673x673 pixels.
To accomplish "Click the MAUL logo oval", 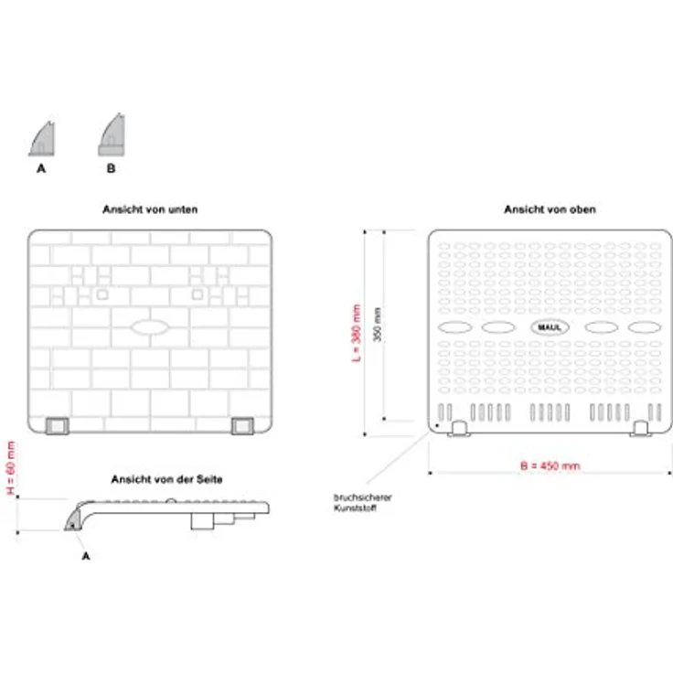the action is (x=550, y=327).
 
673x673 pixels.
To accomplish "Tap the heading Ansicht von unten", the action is (x=150, y=209).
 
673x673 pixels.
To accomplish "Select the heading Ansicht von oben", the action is (x=550, y=209).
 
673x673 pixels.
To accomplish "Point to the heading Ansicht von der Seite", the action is (x=166, y=479).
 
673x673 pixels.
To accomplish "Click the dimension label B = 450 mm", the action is (x=550, y=465).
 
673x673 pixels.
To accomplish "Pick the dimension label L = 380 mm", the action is (x=357, y=333).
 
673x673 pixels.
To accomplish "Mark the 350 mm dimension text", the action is (x=377, y=325).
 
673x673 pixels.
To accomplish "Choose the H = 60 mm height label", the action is (x=11, y=468).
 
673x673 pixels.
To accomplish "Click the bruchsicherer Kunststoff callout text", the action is (x=362, y=503).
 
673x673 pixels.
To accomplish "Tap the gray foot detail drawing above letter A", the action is (x=42, y=139).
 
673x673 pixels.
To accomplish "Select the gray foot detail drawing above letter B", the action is (x=112, y=134).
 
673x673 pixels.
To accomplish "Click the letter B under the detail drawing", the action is (x=111, y=168).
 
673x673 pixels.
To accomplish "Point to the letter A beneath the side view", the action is (x=86, y=556).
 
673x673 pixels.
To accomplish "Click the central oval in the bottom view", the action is (x=150, y=327).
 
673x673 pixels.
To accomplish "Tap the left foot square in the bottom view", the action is (x=57, y=426).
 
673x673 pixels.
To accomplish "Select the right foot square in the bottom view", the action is (x=242, y=426).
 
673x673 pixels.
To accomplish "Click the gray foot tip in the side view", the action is (x=72, y=520).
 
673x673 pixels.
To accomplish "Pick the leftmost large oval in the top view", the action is (x=455, y=327).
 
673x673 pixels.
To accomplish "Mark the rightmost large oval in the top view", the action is (x=645, y=327).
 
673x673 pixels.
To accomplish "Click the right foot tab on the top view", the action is (x=640, y=429).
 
